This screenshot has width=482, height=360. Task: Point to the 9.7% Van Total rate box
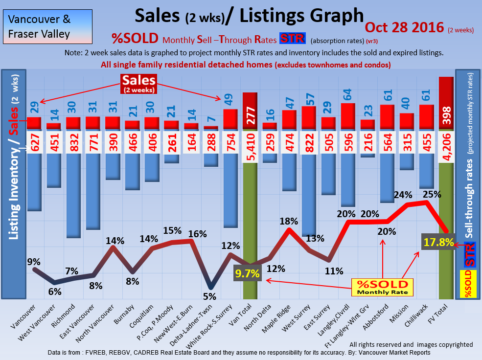click(x=247, y=274)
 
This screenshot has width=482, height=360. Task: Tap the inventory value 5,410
click(x=250, y=146)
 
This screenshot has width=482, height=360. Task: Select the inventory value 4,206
click(x=446, y=146)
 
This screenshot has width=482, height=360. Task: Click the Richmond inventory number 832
click(x=73, y=146)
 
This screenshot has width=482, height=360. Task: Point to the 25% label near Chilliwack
click(x=432, y=194)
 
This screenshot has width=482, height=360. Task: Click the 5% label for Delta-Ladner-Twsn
click(x=209, y=296)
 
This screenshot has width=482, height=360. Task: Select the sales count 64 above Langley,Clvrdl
click(x=347, y=93)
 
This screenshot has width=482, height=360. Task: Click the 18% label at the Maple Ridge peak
click(x=289, y=221)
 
